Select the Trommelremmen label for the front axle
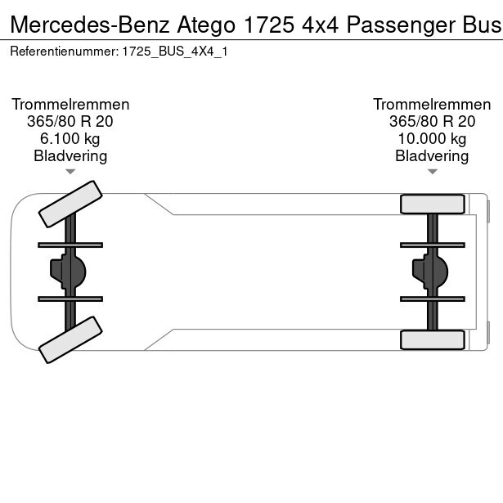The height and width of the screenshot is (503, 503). tap(70, 105)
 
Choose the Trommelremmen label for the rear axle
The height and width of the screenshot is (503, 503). tap(432, 105)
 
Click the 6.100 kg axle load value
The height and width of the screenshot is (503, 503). tap(70, 139)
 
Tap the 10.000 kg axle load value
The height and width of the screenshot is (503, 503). tap(432, 139)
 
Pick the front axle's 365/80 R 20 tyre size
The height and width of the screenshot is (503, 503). tap(70, 122)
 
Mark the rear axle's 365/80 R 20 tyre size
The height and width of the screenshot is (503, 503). tap(432, 122)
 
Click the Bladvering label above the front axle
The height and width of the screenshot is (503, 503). tap(70, 156)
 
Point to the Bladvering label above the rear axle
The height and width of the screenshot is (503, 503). tap(432, 156)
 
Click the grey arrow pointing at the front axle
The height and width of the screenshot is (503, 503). tap(70, 172)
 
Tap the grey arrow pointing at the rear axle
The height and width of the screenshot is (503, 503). tap(432, 172)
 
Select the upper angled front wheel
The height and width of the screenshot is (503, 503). tap(70, 204)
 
